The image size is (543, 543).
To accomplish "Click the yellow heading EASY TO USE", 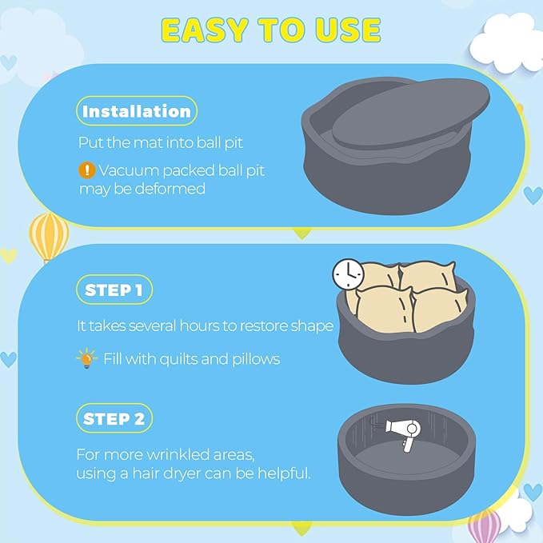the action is [271, 30].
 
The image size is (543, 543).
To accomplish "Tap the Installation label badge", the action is [137, 111].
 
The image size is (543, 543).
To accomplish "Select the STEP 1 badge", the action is [114, 289].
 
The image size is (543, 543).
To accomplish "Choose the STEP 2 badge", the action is [114, 418].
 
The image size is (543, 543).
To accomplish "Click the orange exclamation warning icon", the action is [86, 170].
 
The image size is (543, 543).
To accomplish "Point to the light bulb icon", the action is [86, 358].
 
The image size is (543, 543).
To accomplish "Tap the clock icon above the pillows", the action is [349, 274].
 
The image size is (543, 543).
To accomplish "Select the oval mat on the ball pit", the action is [411, 114].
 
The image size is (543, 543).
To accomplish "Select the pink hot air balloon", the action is [484, 525].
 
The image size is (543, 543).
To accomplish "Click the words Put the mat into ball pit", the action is [160, 142].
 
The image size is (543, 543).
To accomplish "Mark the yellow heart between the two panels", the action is [302, 234].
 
